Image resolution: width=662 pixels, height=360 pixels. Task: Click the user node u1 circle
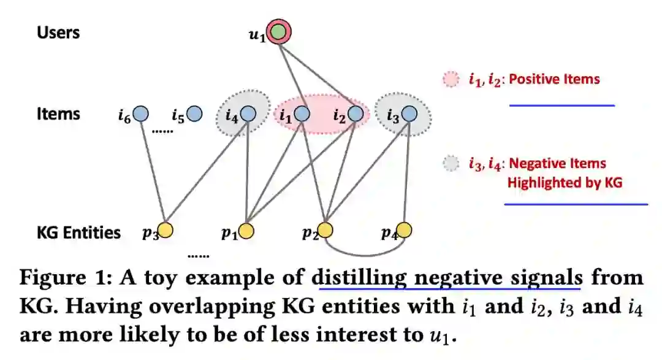pos(279,33)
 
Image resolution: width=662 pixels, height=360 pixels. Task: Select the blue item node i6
pos(141,113)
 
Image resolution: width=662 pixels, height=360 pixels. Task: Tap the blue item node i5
pos(194,113)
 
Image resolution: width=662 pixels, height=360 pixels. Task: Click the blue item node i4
pos(248,113)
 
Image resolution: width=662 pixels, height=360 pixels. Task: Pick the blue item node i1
pos(302,113)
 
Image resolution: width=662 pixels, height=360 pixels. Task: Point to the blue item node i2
pos(356,113)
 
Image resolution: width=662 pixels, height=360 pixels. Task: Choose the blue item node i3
pos(409,113)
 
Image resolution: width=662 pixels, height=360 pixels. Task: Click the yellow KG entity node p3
pos(165,230)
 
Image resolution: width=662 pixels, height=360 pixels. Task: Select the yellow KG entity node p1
pos(246,230)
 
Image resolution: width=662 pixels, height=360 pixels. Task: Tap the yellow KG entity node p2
pos(325,230)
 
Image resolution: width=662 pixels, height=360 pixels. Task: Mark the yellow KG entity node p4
pos(404,230)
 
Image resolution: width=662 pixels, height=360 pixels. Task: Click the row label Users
pos(58,33)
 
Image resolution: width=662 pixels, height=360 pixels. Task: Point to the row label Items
pos(58,114)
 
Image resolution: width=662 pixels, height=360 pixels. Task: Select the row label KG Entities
pos(78,233)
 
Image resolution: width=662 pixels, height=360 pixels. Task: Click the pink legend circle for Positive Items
pos(451,79)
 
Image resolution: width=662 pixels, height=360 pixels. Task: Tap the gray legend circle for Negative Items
pos(451,164)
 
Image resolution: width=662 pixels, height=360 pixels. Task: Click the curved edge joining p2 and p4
pos(365,254)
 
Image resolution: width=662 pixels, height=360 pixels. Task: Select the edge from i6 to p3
pos(153,172)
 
